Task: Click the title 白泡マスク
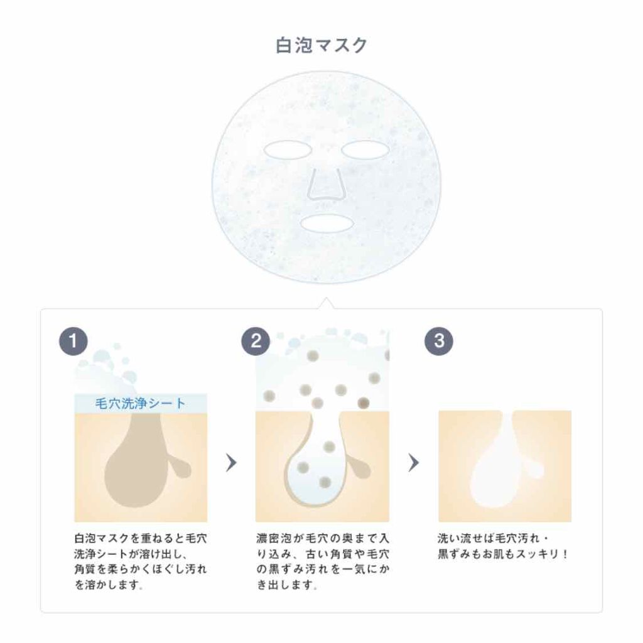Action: coord(321,46)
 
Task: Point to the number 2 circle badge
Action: coord(256,341)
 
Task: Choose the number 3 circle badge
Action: coord(438,341)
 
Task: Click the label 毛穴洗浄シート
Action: coord(140,403)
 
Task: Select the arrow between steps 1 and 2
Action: coord(231,463)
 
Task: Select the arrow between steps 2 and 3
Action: coord(413,463)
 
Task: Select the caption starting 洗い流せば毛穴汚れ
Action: coord(502,546)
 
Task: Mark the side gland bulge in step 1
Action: coord(182,468)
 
